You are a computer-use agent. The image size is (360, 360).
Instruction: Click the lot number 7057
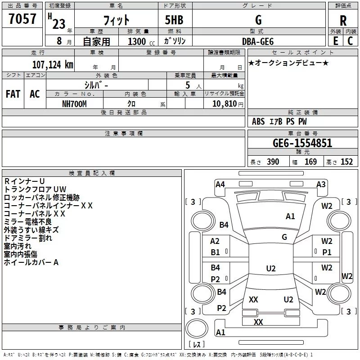click(x=22, y=18)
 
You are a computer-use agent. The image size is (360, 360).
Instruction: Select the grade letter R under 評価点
click(x=343, y=21)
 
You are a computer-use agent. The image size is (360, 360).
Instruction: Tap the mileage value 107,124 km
click(x=53, y=65)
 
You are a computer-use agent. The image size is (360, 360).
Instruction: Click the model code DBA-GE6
click(x=258, y=41)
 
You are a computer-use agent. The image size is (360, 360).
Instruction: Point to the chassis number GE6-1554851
click(x=302, y=143)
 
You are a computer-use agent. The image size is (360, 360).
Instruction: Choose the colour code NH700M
click(x=74, y=104)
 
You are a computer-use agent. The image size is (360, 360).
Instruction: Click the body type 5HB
click(x=174, y=20)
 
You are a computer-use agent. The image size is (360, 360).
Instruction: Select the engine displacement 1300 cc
click(x=141, y=41)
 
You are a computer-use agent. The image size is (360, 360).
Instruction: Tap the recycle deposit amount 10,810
click(x=225, y=104)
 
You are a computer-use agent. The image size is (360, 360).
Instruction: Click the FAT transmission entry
click(x=13, y=94)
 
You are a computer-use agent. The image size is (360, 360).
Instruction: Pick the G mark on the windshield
click(x=284, y=237)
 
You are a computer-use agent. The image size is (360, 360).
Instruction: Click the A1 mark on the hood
click(x=290, y=216)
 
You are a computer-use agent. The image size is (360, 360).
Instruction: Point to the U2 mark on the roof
click(x=271, y=268)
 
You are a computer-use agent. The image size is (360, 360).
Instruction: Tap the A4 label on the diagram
click(x=220, y=184)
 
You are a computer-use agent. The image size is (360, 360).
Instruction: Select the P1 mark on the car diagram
click(x=327, y=252)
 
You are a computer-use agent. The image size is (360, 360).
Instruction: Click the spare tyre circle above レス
click(x=197, y=328)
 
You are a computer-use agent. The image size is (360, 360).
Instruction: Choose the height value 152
click(x=346, y=162)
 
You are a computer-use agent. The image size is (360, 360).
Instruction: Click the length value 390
click(x=273, y=162)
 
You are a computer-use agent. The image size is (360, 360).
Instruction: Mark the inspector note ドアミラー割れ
click(x=28, y=238)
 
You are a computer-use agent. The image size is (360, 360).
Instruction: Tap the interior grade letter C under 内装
click(x=350, y=41)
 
